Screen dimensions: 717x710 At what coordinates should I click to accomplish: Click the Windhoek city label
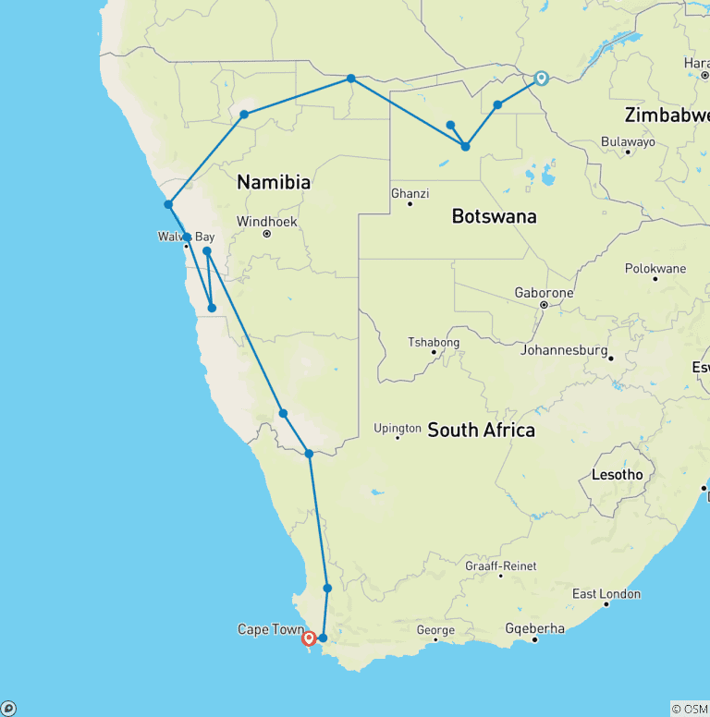(x=266, y=222)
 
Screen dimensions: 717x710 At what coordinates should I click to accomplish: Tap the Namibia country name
(x=273, y=183)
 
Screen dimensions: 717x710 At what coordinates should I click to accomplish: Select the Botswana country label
(x=494, y=217)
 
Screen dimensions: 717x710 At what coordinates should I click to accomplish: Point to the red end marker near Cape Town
(x=309, y=638)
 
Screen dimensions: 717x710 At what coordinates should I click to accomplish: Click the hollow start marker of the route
(x=541, y=79)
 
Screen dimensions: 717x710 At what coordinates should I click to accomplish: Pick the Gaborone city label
(x=544, y=293)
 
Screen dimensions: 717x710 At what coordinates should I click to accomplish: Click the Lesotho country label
(x=617, y=475)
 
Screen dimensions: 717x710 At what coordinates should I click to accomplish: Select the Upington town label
(x=398, y=429)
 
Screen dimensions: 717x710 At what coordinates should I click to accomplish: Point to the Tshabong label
(x=434, y=343)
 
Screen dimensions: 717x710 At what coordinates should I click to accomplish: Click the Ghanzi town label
(x=410, y=194)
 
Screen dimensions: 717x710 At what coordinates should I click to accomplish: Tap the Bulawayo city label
(x=628, y=142)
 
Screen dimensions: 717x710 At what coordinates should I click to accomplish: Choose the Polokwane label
(x=655, y=269)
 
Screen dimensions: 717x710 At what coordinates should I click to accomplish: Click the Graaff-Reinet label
(x=500, y=566)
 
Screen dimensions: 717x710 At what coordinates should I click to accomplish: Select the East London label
(x=606, y=594)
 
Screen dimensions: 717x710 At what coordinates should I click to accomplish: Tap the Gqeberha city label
(x=534, y=629)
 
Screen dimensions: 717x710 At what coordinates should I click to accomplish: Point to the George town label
(x=435, y=631)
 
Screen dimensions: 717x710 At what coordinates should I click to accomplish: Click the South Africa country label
(x=481, y=431)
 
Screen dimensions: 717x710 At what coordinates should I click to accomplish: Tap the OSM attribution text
(x=690, y=709)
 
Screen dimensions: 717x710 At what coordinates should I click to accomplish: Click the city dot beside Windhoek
(x=266, y=234)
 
